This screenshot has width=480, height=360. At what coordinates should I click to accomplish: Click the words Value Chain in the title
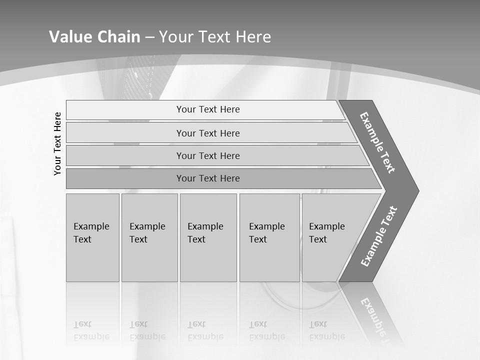coord(94,37)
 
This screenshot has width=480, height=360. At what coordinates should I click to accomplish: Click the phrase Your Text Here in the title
coord(215,37)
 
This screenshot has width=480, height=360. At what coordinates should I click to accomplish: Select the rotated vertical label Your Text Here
coord(57,143)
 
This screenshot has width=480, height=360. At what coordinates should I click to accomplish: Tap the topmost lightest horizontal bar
coord(207,109)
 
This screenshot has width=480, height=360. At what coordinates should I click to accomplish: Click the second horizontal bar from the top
coord(207,133)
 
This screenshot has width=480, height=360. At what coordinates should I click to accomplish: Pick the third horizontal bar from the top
coord(207,155)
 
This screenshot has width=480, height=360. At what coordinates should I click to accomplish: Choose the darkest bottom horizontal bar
coord(207,178)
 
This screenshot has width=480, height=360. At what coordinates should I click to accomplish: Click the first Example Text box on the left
coord(92,237)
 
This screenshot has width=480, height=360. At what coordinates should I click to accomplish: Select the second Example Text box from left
coord(149,237)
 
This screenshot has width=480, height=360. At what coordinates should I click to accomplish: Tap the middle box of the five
coord(208,237)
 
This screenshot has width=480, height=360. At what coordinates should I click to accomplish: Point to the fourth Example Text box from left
coord(269,237)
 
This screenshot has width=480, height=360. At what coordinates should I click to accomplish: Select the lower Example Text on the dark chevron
coord(378,236)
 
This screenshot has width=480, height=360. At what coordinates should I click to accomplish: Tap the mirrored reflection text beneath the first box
coord(91,331)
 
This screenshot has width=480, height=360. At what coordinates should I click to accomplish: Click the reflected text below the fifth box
coord(326,331)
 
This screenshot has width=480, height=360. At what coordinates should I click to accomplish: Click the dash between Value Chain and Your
coord(149,37)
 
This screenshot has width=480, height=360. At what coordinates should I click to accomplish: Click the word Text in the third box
coord(196,239)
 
